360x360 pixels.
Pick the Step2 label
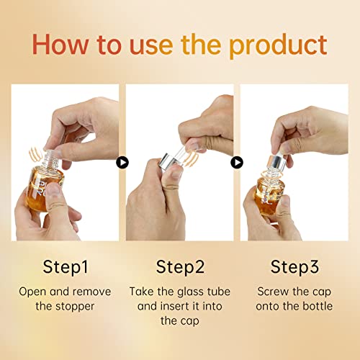[179, 266]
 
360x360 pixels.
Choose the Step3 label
[294, 266]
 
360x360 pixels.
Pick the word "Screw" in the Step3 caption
[272, 292]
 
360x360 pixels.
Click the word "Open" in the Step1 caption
[32, 292]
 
